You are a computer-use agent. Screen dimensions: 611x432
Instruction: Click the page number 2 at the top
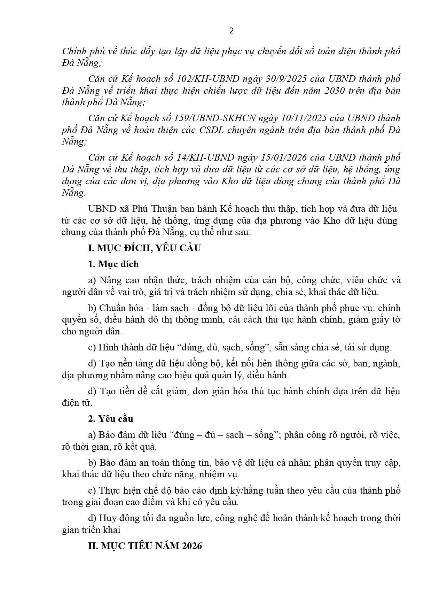(231, 31)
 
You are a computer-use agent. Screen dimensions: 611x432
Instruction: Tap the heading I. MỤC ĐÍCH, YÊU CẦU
(144, 248)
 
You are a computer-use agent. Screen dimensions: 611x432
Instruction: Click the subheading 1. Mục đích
(113, 264)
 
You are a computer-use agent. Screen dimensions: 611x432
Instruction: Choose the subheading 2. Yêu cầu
(111, 419)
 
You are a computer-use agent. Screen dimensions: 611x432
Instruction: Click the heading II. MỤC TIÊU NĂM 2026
(145, 546)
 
